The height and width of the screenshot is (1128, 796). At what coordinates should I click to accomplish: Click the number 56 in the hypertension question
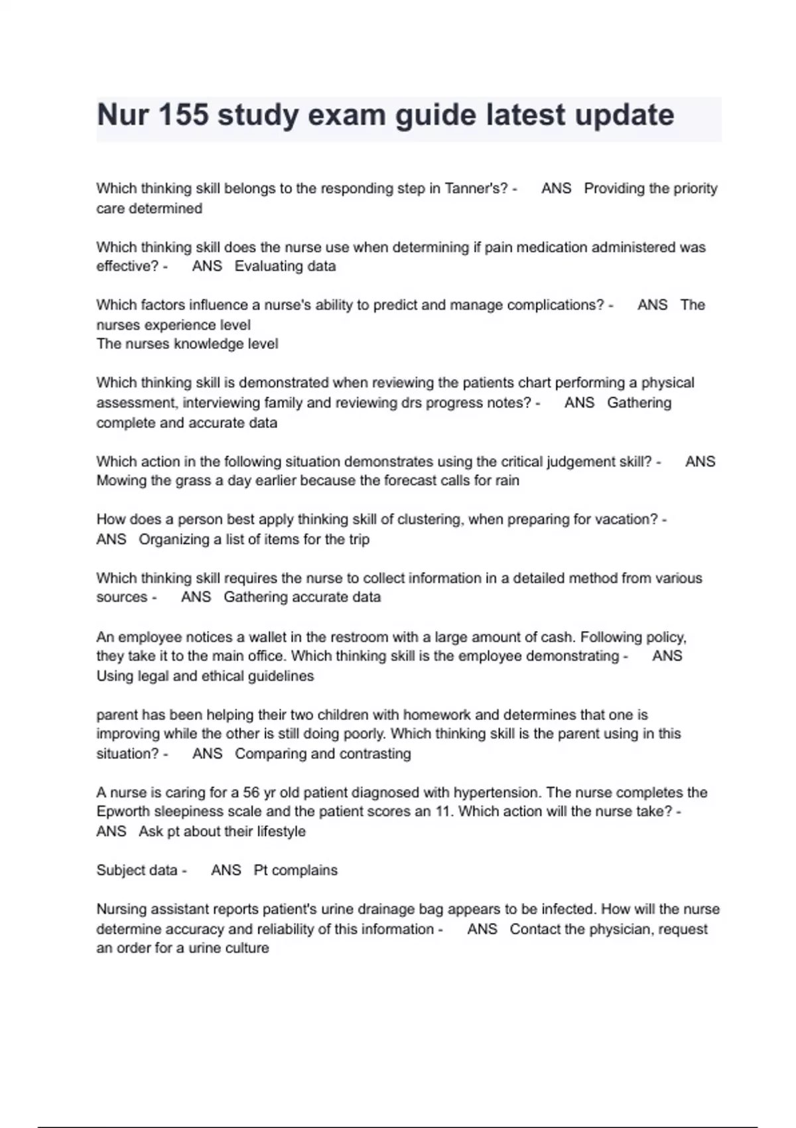(x=251, y=792)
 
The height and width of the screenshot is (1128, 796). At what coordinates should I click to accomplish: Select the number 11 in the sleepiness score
(x=444, y=811)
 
